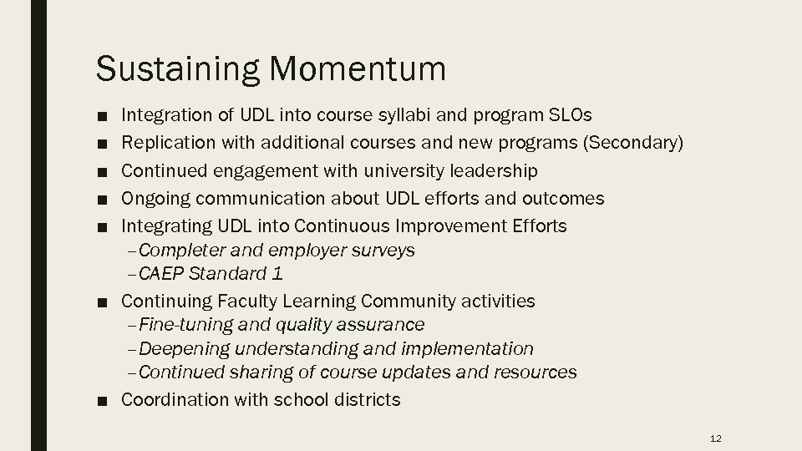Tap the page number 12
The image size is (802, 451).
point(714,438)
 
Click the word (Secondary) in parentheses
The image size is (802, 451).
point(635,144)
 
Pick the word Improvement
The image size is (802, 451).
point(452,226)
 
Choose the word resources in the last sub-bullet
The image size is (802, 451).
point(536,372)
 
